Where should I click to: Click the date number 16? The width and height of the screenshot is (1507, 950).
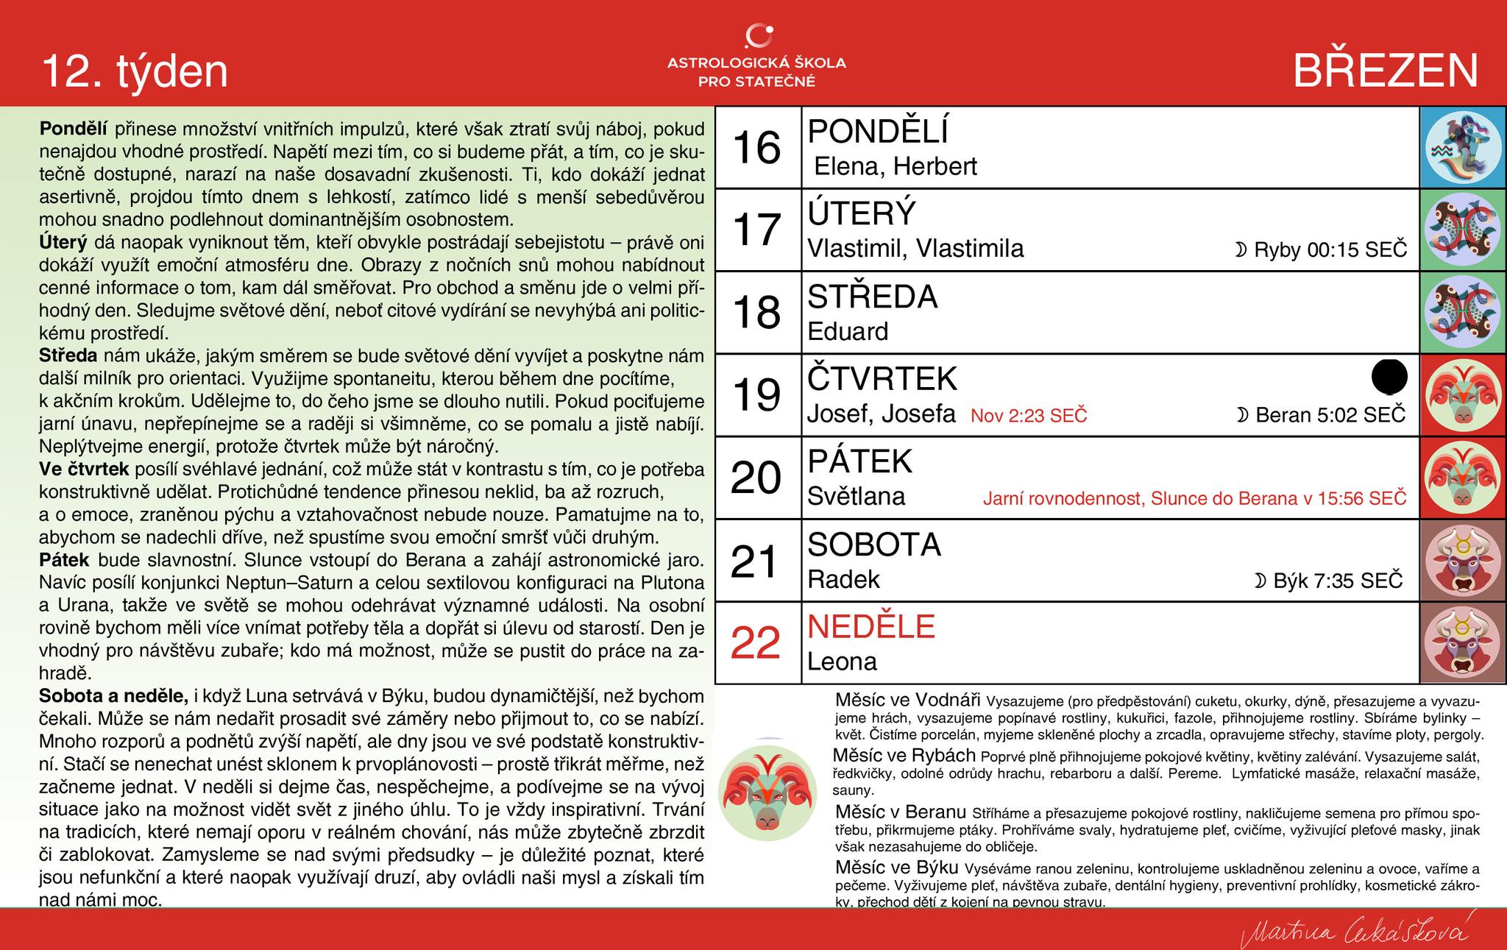(x=757, y=147)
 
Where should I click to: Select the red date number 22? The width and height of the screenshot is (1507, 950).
(x=756, y=643)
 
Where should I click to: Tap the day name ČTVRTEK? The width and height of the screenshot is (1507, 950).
(x=882, y=379)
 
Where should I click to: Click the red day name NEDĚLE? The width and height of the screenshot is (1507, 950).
(x=871, y=627)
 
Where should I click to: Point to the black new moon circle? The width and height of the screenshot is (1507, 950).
(x=1389, y=376)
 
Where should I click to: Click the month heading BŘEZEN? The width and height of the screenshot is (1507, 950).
(x=1386, y=71)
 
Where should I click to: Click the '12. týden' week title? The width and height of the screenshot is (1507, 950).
(x=135, y=71)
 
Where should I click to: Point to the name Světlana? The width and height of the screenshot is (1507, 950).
(x=857, y=497)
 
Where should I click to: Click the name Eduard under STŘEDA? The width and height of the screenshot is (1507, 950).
(x=848, y=331)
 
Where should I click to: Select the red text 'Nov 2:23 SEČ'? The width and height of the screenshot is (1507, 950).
(x=1029, y=416)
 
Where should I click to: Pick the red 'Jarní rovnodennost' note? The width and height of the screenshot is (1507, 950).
(x=1194, y=498)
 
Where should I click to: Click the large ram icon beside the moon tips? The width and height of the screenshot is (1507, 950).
(x=767, y=789)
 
